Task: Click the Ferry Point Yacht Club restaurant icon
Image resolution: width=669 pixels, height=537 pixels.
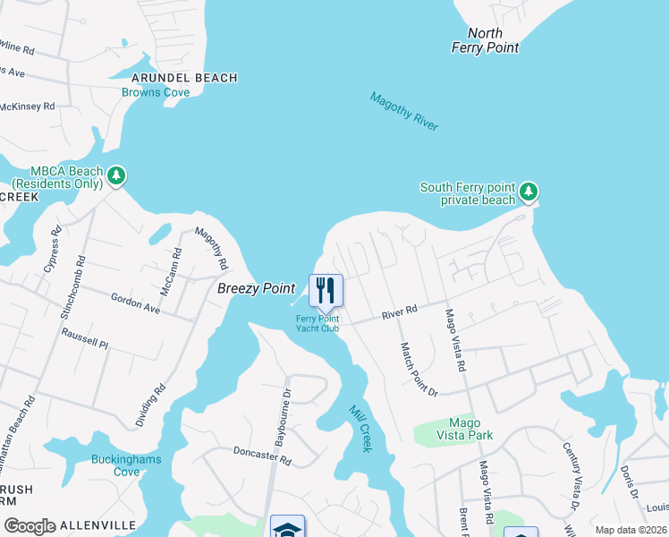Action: tap(325, 290)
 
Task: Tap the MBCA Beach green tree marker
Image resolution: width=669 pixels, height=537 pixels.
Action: tap(116, 175)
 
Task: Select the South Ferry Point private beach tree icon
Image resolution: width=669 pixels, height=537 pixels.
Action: tap(529, 191)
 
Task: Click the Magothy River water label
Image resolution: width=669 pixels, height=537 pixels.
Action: tap(404, 112)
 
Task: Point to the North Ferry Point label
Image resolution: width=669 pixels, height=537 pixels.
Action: tap(485, 40)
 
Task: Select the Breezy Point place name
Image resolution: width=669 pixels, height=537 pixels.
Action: tap(256, 288)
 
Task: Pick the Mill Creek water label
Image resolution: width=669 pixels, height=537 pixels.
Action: tap(360, 426)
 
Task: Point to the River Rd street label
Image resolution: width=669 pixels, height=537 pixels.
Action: tap(399, 311)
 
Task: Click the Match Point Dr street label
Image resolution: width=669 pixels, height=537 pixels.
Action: tap(419, 370)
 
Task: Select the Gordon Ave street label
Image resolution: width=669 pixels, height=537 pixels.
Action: tap(135, 304)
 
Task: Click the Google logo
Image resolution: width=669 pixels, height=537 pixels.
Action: tap(30, 525)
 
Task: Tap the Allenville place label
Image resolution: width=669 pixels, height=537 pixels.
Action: tap(98, 525)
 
